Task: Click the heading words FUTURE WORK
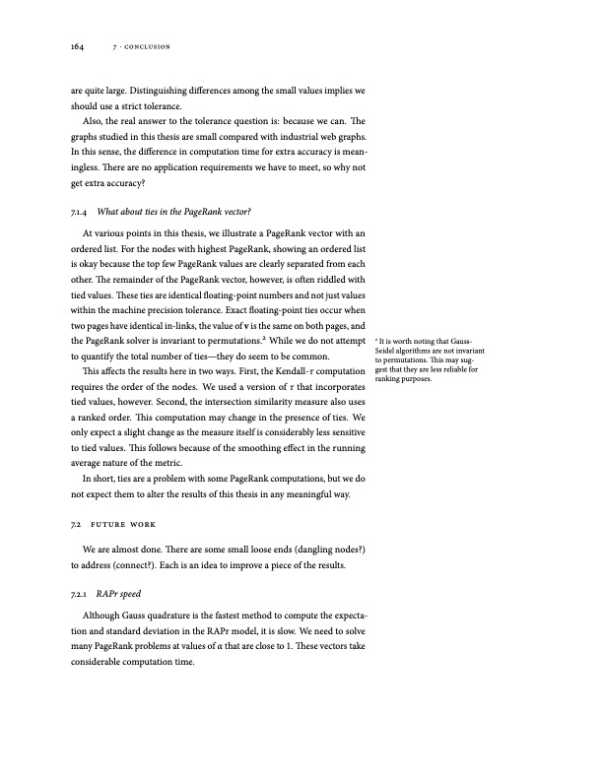point(130,522)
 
